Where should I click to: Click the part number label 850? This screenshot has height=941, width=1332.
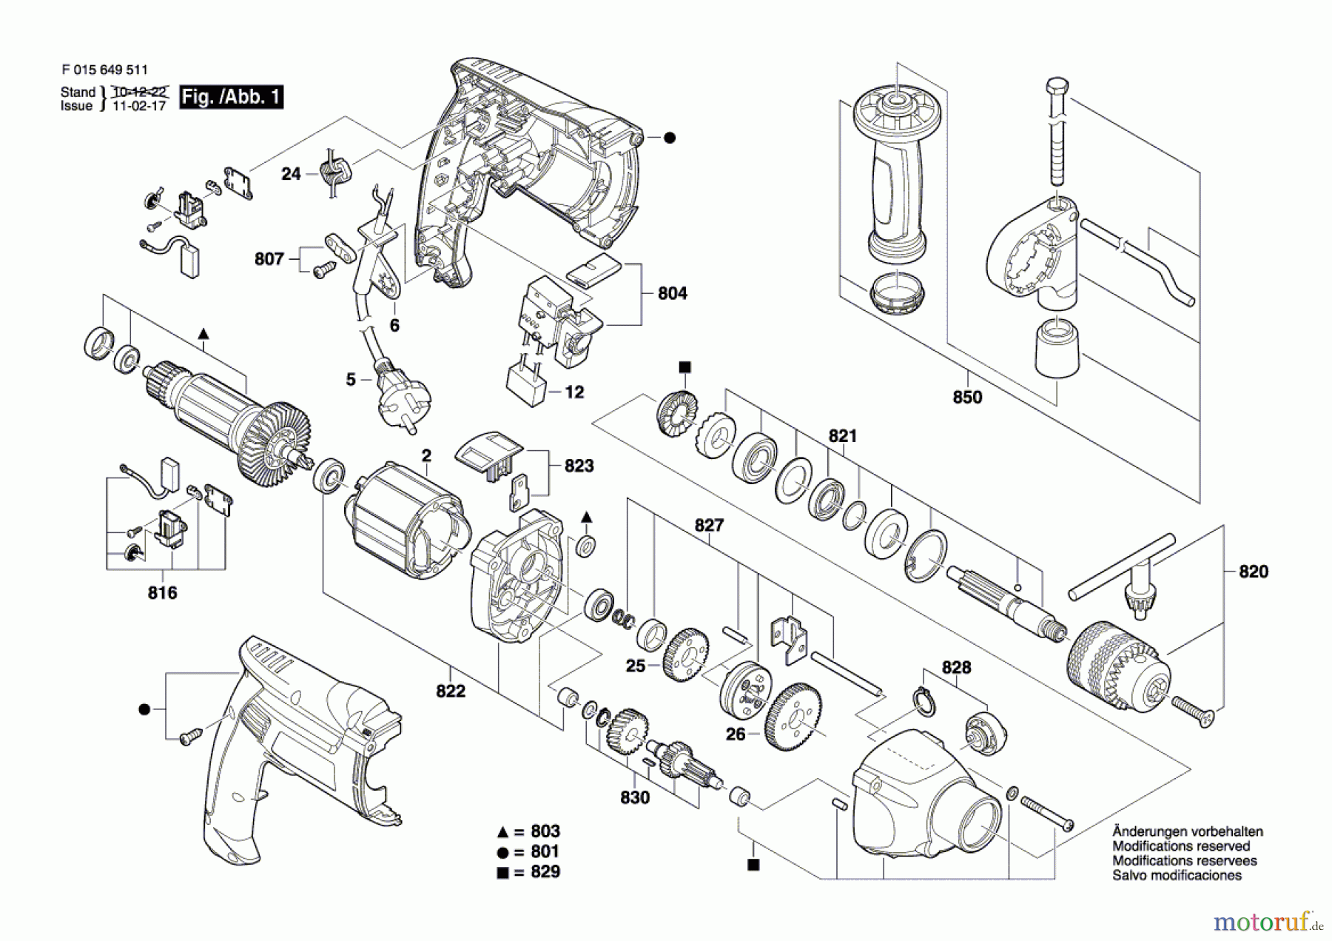point(967,398)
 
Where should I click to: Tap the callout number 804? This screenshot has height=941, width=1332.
point(672,294)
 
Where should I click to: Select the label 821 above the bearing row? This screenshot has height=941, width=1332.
point(842,436)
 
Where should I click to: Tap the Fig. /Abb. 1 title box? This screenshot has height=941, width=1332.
point(231,97)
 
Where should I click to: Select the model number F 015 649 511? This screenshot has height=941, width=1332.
point(105,70)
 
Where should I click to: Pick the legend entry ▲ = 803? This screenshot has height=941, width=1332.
point(528,831)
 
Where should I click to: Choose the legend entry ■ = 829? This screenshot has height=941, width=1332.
point(528,872)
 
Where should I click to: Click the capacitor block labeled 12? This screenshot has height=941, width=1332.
point(526,385)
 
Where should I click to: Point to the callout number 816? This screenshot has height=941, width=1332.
point(162,593)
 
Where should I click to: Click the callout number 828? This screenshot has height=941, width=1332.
point(956,668)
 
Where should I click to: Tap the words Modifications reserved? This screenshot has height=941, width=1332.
point(1181,846)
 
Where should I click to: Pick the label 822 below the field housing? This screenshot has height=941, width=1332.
point(451,691)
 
